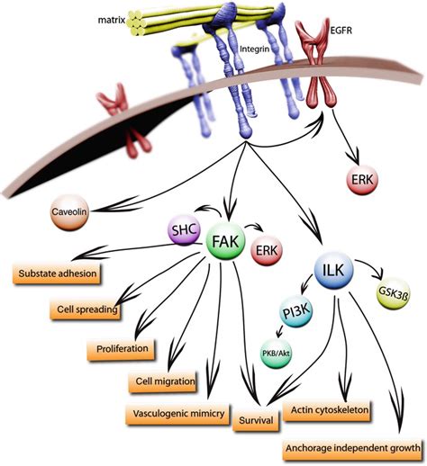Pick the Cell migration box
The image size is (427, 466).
coord(162,381)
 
